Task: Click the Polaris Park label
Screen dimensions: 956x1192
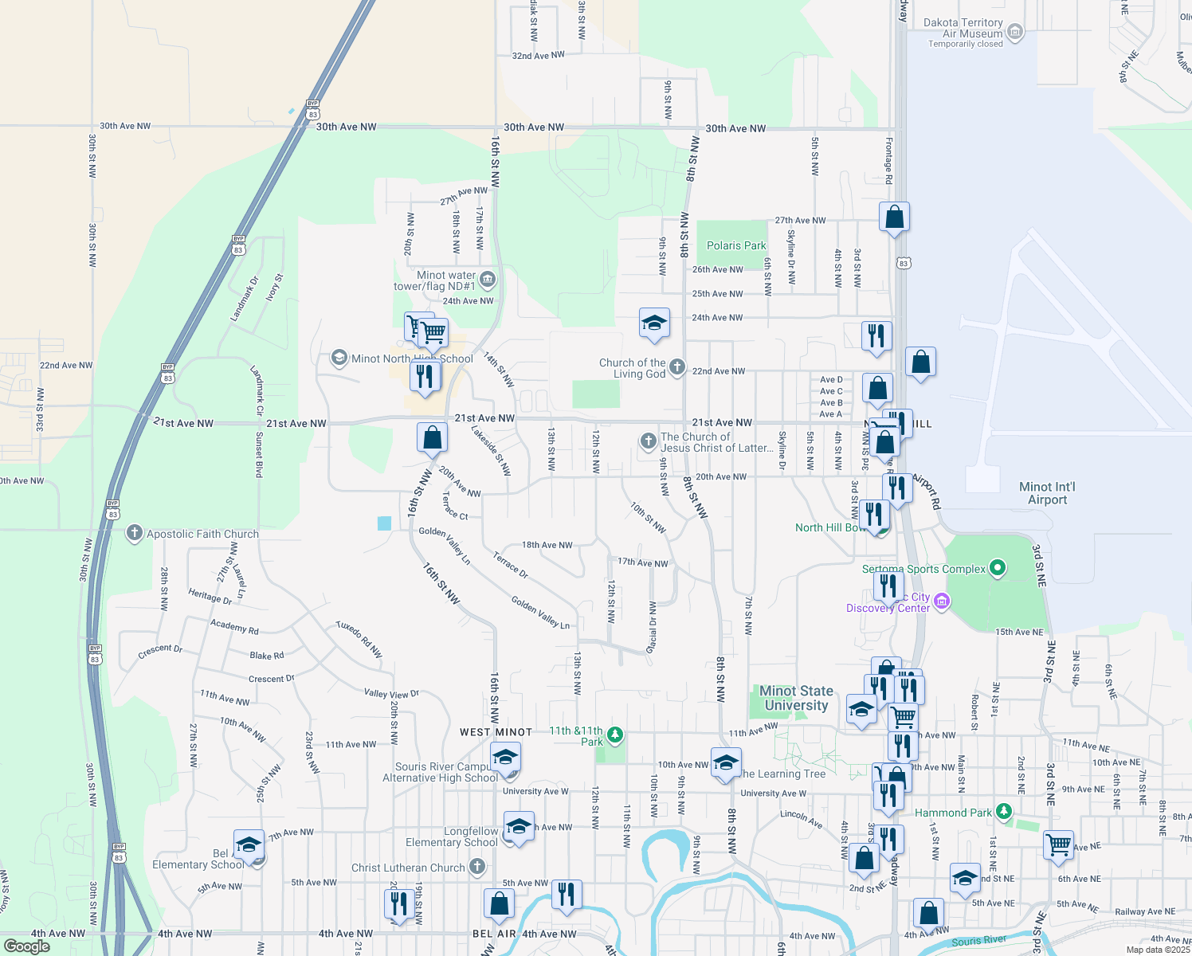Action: pos(736,245)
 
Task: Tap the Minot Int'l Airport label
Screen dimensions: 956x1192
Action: pos(1047,493)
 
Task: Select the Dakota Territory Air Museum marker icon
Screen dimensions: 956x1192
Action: pos(1015,32)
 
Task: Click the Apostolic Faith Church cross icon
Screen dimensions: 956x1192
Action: pos(135,533)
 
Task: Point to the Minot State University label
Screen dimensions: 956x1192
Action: pos(796,698)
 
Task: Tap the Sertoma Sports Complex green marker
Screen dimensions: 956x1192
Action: pos(997,568)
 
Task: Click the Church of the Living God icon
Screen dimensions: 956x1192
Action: pos(677,366)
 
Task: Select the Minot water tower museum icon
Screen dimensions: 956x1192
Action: pos(488,280)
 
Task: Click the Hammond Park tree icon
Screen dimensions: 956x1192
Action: pos(1004,812)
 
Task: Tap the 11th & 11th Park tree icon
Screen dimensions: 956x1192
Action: pos(614,734)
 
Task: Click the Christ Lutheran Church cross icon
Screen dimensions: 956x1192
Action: pos(476,867)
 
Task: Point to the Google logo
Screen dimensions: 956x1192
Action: pos(26,946)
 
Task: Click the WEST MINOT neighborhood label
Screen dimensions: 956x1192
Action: pos(496,732)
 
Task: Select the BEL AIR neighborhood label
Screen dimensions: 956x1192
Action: pos(494,934)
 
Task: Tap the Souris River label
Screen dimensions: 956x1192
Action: pos(978,941)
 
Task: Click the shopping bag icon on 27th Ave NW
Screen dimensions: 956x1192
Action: pos(894,217)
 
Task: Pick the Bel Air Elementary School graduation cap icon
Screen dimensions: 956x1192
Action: pos(249,845)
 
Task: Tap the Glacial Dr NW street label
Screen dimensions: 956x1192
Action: pos(653,628)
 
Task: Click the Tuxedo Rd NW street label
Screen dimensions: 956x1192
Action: pos(359,639)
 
